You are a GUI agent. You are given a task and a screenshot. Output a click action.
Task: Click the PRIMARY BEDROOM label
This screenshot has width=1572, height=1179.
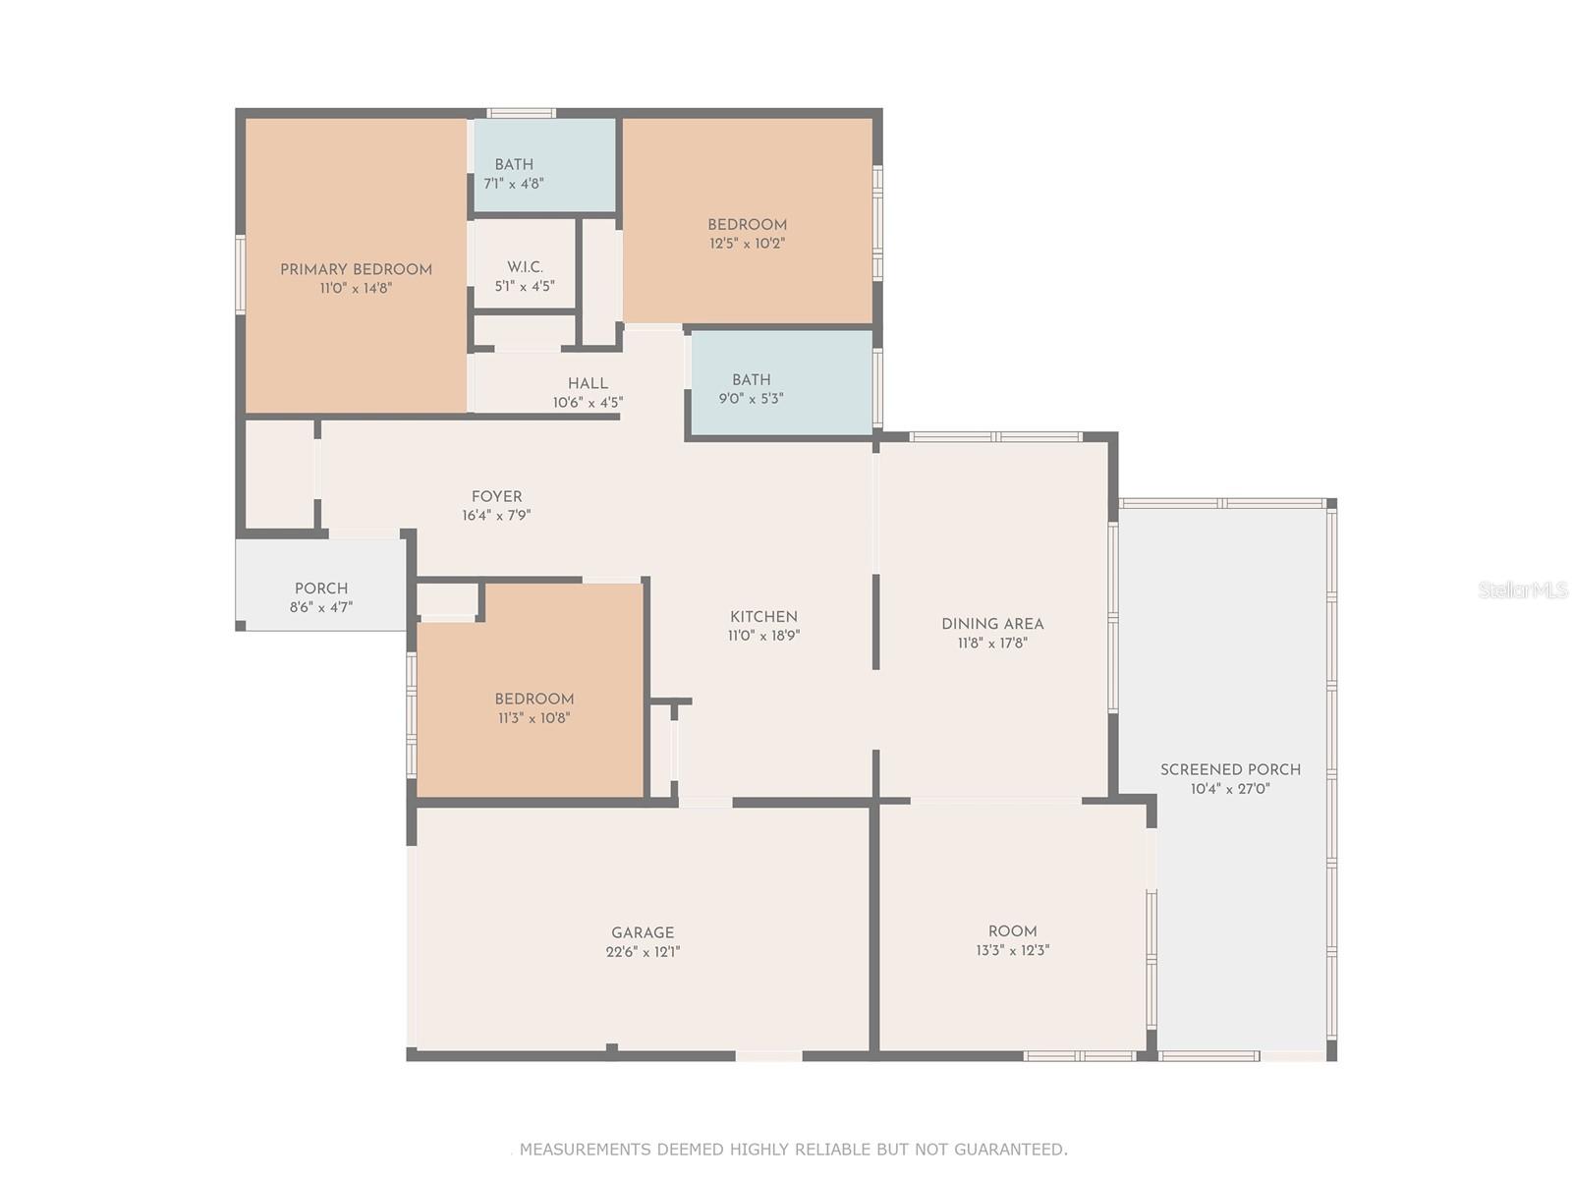(356, 270)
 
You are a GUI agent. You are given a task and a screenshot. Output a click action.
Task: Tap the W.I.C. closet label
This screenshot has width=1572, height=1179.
(525, 267)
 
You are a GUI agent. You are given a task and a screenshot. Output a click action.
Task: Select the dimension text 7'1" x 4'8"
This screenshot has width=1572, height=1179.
(514, 184)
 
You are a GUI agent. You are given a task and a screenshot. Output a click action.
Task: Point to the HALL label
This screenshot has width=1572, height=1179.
(588, 384)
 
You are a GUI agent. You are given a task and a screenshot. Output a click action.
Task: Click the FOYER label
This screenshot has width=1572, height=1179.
(496, 497)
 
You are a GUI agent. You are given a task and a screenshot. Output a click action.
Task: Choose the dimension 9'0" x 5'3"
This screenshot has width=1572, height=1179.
(752, 398)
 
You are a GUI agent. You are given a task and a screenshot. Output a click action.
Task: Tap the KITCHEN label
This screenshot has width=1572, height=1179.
(763, 617)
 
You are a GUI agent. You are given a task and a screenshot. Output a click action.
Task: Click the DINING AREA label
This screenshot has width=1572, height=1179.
(992, 624)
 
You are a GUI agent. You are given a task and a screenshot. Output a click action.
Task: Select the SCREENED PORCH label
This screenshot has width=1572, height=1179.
(1230, 770)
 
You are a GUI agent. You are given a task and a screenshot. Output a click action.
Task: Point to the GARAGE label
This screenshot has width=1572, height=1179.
(643, 932)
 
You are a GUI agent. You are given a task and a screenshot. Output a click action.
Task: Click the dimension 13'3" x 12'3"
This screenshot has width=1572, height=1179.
(1013, 950)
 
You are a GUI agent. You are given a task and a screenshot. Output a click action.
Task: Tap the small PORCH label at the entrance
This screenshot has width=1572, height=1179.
(321, 589)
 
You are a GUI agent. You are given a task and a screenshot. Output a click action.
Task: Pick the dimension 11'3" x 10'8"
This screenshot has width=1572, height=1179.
(534, 717)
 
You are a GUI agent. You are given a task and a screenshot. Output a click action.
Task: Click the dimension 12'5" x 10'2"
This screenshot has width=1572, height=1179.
(747, 243)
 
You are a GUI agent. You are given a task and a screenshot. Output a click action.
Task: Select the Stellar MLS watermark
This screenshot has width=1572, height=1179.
(1523, 589)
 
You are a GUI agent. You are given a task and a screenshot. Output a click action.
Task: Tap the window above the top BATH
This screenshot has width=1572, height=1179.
(522, 113)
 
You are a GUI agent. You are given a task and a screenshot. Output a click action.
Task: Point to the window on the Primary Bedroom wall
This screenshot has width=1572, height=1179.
(241, 274)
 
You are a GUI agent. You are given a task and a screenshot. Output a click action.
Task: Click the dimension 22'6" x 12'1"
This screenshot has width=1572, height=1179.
(643, 951)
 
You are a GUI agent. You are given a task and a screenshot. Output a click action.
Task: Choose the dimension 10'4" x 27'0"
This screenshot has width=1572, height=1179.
(1230, 789)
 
